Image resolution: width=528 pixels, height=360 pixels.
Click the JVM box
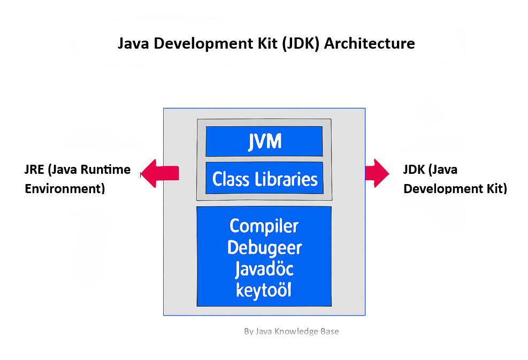pos(264,141)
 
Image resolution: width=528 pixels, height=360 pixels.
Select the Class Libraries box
pos(264,178)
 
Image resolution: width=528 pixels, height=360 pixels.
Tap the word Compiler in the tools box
pos(264,226)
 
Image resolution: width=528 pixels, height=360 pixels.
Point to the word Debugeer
pos(264,248)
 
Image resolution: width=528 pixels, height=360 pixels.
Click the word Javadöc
pos(264,269)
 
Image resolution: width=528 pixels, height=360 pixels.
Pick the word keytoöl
pos(263,290)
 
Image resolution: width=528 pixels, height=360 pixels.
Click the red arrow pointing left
pos(159,173)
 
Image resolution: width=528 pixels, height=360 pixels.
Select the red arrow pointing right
pos(377,173)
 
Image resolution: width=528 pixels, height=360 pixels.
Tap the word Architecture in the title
pos(370,43)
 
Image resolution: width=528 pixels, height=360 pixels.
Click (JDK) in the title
pos(301,44)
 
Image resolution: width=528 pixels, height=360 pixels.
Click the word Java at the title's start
pos(133,43)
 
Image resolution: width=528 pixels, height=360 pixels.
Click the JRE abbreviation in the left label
pos(34,170)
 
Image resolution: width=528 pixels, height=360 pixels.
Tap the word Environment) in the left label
pos(65,189)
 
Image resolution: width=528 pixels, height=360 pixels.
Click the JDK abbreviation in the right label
pos(414,170)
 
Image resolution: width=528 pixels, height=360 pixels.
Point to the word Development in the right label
pos(443,189)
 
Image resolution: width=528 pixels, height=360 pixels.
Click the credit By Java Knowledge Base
pos(291,331)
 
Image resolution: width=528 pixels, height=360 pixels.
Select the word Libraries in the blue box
pos(286,179)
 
